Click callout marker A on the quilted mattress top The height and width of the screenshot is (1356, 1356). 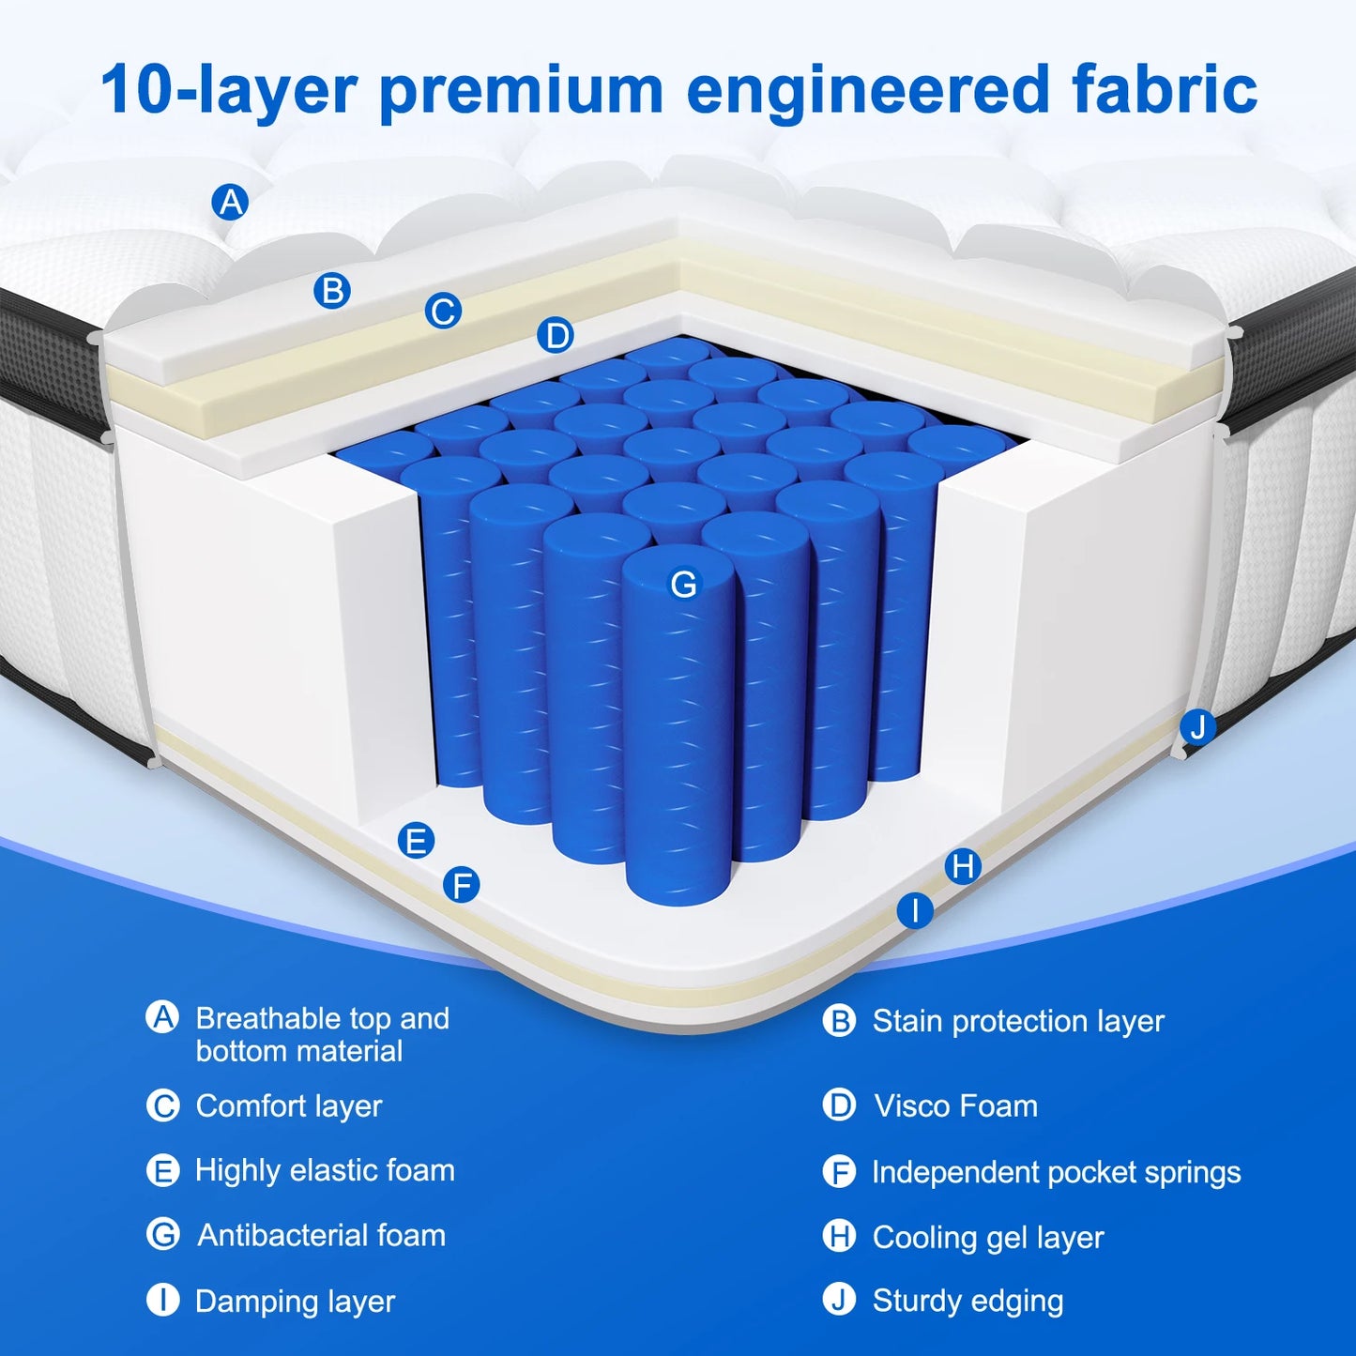[x=230, y=202]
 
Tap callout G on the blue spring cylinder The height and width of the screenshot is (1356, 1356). [x=684, y=584]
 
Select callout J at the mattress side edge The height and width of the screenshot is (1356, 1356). [x=1197, y=727]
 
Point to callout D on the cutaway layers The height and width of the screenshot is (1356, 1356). [x=556, y=335]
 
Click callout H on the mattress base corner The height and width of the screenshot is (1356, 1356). [x=963, y=866]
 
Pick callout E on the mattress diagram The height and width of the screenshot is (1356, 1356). [x=416, y=840]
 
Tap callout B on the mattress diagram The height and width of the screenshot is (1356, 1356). [x=332, y=291]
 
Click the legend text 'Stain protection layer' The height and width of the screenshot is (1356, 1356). [x=1018, y=1022]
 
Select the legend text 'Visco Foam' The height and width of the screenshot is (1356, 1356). [x=955, y=1105]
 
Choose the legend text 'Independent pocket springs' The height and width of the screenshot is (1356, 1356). [x=1057, y=1172]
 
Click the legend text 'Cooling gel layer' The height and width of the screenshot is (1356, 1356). [x=988, y=1238]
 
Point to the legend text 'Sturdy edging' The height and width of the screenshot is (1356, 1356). [x=967, y=1302]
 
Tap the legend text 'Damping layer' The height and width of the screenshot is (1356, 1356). [x=295, y=1302]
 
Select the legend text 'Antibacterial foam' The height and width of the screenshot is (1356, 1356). [x=322, y=1236]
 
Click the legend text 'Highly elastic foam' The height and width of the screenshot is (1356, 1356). [x=325, y=1171]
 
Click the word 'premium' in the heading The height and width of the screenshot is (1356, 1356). [x=522, y=91]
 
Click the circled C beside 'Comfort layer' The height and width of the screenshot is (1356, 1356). [x=162, y=1105]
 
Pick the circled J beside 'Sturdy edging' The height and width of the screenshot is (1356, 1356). [x=839, y=1301]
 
